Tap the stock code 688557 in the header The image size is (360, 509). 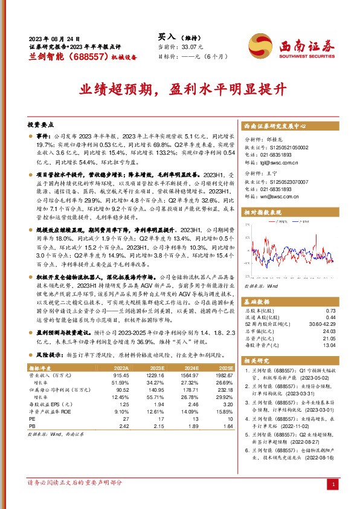pyautogui.click(x=88, y=56)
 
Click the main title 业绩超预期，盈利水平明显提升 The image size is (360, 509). pyautogui.click(x=180, y=91)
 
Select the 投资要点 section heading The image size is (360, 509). pyautogui.click(x=40, y=123)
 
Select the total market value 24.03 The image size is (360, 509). pyautogui.click(x=329, y=331)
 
